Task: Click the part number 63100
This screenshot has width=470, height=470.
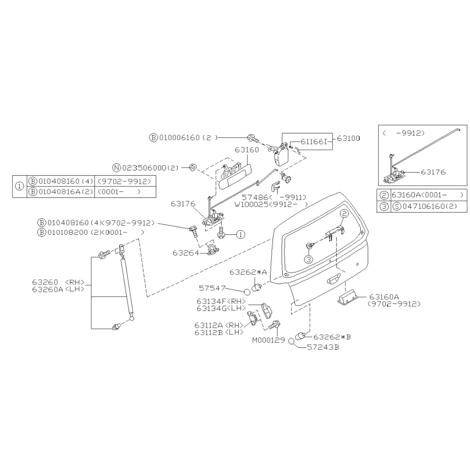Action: (348, 138)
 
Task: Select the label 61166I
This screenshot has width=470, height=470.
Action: (314, 141)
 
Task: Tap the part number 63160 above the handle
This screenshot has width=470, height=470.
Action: (247, 149)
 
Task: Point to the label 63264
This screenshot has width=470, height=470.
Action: (186, 253)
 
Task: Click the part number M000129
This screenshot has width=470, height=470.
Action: (268, 340)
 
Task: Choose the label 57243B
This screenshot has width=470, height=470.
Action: (323, 348)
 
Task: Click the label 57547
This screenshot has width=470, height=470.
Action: (212, 288)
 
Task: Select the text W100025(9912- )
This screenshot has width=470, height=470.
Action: (271, 205)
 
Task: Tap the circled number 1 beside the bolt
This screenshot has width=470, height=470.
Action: (241, 234)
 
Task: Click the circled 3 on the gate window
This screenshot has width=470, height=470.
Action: (309, 259)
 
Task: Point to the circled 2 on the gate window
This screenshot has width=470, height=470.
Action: (344, 214)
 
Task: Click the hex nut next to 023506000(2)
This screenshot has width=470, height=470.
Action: (193, 167)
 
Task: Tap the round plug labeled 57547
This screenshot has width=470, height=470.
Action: (247, 292)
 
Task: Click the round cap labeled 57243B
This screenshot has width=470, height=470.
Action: (291, 341)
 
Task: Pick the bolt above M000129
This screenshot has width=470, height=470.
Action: (274, 325)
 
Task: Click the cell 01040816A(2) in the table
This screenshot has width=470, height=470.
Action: (61, 192)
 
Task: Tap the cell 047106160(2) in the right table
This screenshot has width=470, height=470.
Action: (426, 206)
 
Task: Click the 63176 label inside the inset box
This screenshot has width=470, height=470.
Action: (433, 172)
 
